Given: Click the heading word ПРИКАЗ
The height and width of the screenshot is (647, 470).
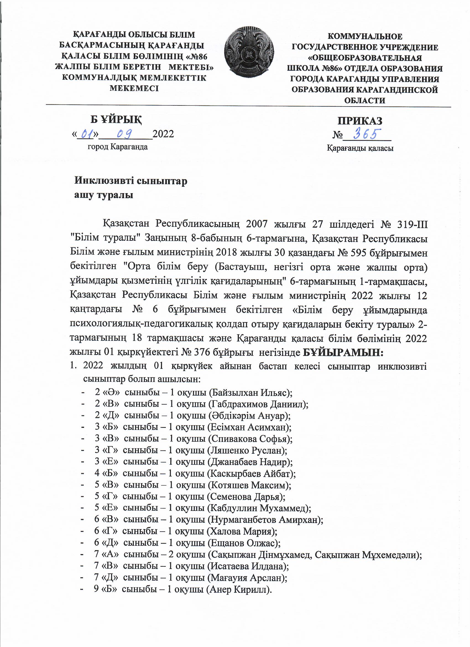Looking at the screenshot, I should pos(360,121).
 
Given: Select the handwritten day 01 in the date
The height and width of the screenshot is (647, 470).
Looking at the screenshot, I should pos(86,133).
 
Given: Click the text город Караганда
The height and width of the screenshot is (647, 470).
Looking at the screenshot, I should pos(118,147).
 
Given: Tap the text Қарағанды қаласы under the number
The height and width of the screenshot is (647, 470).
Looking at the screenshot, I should pos(360,149).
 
